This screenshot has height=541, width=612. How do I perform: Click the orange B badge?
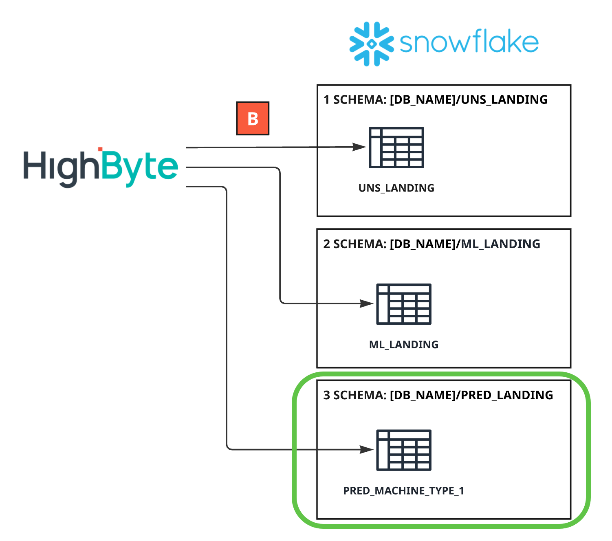point(253,119)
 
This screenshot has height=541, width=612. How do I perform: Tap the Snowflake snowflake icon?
point(371,44)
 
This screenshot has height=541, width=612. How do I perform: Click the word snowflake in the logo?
point(469,42)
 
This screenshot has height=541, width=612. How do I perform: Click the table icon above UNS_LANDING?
point(396,147)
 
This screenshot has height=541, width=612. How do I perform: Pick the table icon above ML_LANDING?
point(403,304)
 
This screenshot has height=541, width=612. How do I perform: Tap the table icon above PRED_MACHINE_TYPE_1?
point(403,450)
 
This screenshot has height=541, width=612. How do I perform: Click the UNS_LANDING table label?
point(396,188)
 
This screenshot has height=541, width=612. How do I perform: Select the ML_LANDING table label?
point(403,345)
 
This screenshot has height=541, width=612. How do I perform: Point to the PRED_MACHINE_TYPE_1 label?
point(403,490)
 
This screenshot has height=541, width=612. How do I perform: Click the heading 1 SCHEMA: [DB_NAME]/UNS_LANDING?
point(435,100)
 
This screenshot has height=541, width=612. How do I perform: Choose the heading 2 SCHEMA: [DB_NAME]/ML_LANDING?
point(431,244)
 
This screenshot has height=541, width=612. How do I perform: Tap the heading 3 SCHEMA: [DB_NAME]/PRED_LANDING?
point(438,395)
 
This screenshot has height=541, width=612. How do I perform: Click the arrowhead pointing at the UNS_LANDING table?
point(359,147)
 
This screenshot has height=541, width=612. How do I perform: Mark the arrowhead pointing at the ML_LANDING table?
point(367,303)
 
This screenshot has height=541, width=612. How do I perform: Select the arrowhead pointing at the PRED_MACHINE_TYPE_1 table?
point(367,450)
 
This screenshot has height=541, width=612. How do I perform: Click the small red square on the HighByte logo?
point(100,150)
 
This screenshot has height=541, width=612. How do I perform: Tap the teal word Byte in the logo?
point(139,168)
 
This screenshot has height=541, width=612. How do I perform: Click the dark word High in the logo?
point(61,168)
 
